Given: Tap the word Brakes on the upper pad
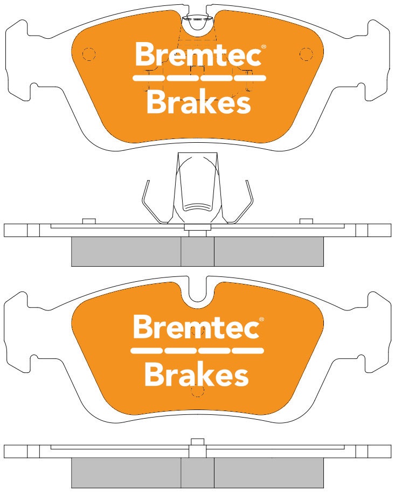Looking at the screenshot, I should (x=198, y=102).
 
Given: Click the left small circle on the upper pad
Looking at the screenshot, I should (x=89, y=54).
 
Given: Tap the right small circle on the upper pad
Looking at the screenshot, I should (x=306, y=54).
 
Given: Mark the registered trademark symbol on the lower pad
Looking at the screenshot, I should (x=262, y=320).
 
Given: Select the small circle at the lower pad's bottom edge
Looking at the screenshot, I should (x=197, y=391).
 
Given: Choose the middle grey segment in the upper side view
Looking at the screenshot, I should (x=197, y=252).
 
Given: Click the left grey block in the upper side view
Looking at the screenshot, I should (x=126, y=252).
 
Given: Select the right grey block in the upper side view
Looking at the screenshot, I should (x=268, y=252).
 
